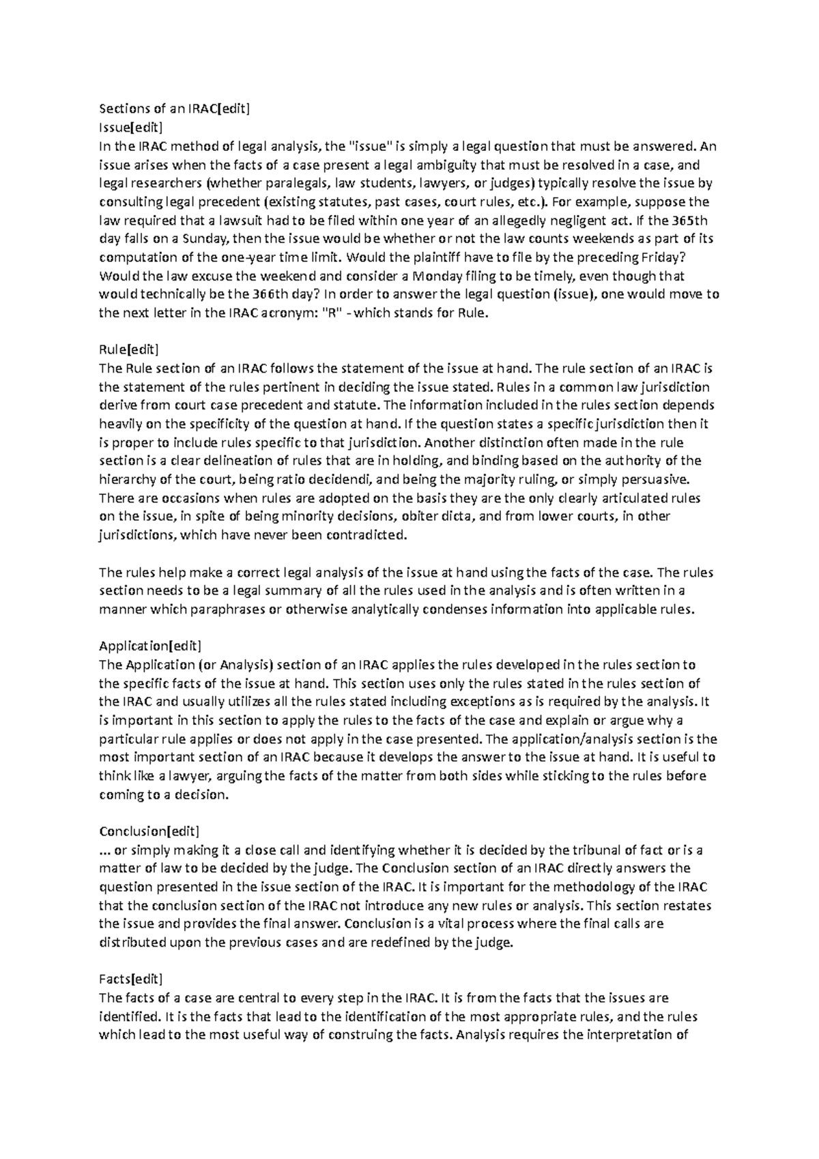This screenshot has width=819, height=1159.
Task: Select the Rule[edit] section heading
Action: [x=128, y=350]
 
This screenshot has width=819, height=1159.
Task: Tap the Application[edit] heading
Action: [x=150, y=646]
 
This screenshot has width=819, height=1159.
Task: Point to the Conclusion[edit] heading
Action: [x=149, y=831]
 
